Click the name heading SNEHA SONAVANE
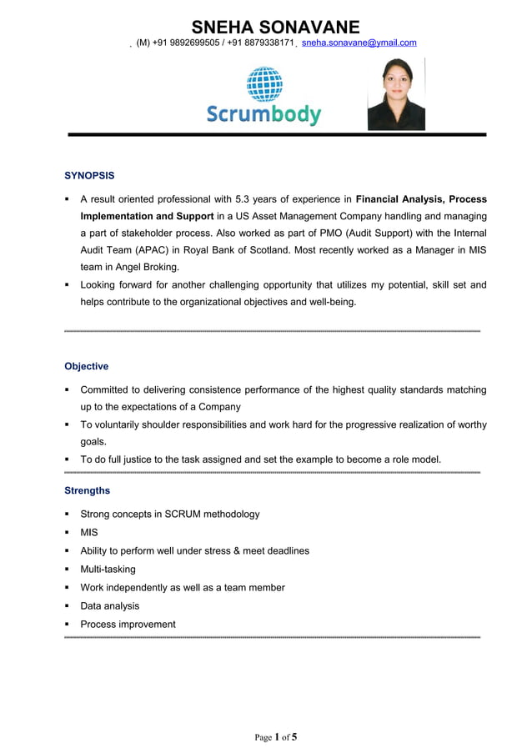click(275, 27)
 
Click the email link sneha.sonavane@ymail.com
click(359, 43)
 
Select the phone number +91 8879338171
click(263, 43)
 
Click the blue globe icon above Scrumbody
click(264, 83)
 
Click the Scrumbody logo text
click(263, 114)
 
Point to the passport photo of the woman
click(396, 93)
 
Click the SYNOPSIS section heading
click(89, 176)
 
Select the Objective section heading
click(86, 366)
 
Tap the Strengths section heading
click(87, 490)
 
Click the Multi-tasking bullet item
click(108, 570)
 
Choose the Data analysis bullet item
click(109, 606)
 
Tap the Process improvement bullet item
click(128, 625)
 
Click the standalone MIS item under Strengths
click(88, 533)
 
